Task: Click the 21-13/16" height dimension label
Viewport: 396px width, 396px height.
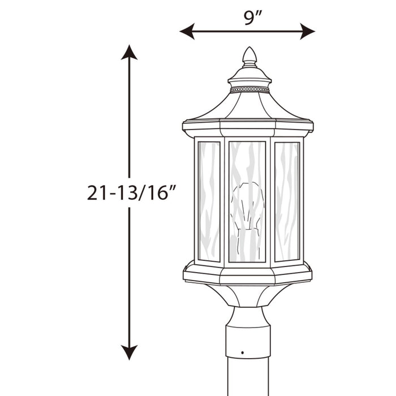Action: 129,192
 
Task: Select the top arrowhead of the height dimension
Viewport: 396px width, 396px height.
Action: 129,53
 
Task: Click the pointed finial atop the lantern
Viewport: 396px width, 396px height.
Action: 249,57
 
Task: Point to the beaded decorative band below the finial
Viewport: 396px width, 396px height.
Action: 249,89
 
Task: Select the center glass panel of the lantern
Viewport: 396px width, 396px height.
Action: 247,170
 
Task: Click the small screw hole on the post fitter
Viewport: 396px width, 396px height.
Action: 243,352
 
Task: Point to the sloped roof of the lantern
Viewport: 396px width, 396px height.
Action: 249,107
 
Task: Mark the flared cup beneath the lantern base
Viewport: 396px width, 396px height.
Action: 248,294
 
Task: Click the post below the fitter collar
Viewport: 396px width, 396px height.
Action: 248,379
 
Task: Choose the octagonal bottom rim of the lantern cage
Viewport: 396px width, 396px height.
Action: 248,274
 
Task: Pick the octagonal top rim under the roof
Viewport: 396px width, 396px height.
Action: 248,127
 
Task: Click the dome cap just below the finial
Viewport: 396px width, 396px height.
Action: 249,75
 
